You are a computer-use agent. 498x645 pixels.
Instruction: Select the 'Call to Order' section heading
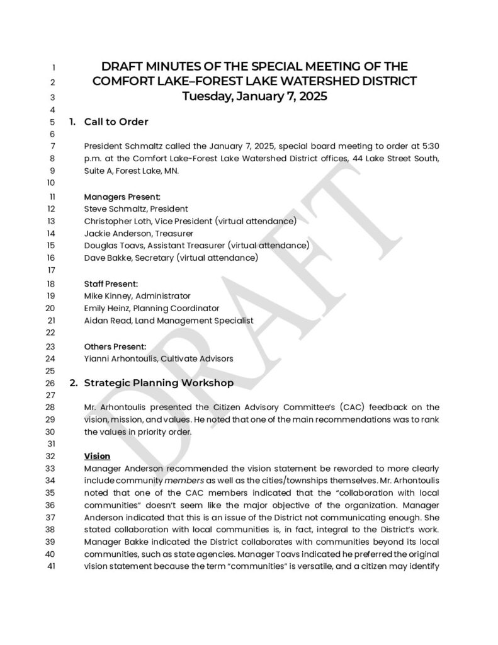pyautogui.click(x=116, y=122)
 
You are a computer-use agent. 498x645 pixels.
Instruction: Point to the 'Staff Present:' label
pyautogui.click(x=111, y=283)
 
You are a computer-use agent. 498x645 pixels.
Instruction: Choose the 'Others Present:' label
pyautogui.click(x=115, y=346)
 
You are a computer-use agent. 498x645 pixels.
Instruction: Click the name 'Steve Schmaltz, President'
pyautogui.click(x=136, y=208)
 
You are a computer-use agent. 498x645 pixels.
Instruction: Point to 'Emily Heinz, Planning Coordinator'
pyautogui.click(x=152, y=308)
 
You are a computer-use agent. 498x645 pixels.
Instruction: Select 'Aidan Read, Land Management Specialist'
pyautogui.click(x=169, y=321)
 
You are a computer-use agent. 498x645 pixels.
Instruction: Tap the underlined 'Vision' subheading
pyautogui.click(x=97, y=456)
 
